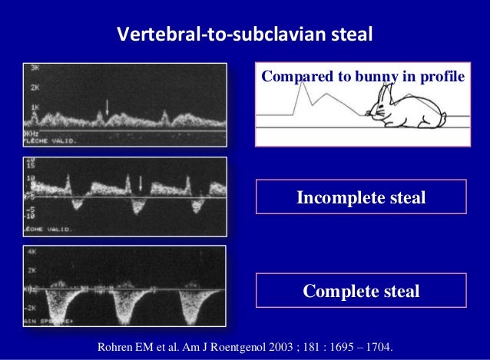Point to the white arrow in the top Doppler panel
click(108, 107)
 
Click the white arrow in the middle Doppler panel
click(141, 183)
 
